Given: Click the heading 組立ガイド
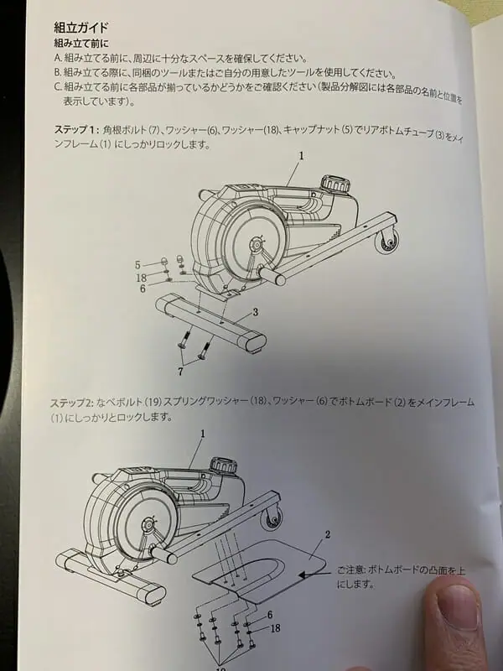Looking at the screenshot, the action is click(x=80, y=29).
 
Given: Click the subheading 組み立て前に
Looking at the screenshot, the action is click(x=81, y=44).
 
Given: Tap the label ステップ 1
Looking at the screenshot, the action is click(x=76, y=130).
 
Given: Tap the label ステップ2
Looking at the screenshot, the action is click(x=71, y=403).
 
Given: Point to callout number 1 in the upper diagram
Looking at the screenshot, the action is click(x=301, y=156).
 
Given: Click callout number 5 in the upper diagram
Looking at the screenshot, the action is click(x=137, y=265).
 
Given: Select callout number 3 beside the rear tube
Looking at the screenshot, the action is click(x=256, y=312).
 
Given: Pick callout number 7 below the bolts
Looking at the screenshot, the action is click(x=180, y=372).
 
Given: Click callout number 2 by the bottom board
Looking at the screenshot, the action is click(x=328, y=534).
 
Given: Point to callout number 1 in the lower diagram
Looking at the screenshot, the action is click(x=203, y=434).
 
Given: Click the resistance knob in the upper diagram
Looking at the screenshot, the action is click(x=336, y=185).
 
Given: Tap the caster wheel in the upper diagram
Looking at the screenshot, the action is click(x=387, y=242).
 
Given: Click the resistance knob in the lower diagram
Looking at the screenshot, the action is click(x=223, y=466).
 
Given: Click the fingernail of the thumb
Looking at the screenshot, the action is click(x=458, y=606).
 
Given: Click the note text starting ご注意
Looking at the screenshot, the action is click(x=401, y=577).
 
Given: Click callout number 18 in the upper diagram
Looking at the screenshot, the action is click(x=141, y=278).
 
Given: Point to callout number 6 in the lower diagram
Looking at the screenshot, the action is click(x=270, y=615).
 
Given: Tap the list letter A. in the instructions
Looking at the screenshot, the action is click(x=58, y=58).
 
